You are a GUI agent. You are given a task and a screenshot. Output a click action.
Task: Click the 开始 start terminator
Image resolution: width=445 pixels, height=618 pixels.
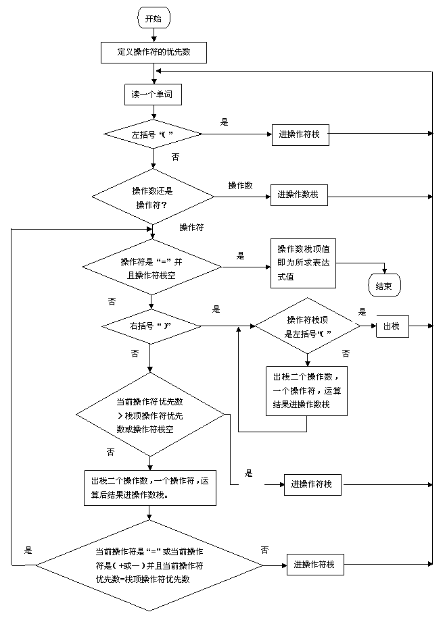(154, 18)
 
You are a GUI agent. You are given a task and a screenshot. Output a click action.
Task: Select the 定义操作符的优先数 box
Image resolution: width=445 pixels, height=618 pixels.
(154, 53)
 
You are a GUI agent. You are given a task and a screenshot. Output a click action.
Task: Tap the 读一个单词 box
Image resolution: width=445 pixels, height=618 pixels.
(153, 95)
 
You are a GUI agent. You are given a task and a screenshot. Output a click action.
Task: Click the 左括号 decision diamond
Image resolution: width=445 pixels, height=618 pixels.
(153, 134)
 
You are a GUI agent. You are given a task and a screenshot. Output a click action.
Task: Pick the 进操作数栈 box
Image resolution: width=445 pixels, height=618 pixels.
(299, 195)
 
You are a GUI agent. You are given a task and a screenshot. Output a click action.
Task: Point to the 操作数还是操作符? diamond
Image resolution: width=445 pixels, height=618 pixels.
(153, 197)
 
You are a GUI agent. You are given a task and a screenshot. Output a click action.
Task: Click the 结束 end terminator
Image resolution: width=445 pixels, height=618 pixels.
(384, 286)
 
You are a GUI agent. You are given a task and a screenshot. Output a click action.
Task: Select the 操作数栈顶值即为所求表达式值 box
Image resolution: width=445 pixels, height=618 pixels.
(303, 263)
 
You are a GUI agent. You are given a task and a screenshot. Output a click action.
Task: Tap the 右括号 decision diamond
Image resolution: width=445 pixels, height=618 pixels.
(151, 326)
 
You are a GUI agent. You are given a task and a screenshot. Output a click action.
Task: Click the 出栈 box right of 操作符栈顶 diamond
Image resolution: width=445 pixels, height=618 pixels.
(392, 326)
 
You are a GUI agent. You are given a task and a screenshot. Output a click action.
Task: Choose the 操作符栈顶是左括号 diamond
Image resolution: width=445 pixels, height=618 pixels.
(308, 326)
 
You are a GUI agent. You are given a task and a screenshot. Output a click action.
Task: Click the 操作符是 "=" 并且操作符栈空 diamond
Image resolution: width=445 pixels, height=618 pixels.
(152, 267)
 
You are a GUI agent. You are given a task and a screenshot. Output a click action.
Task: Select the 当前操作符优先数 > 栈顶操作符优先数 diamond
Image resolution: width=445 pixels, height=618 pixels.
(150, 415)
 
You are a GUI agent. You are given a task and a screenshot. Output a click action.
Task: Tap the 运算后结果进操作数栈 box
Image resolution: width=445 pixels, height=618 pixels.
(150, 488)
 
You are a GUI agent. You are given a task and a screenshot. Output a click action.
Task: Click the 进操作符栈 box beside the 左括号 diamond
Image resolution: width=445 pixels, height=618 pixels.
(300, 135)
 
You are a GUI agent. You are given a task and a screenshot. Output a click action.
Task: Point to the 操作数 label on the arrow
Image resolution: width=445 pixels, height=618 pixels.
(240, 185)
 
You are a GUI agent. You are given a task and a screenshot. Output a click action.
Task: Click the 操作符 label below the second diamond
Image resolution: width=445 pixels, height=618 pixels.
(192, 228)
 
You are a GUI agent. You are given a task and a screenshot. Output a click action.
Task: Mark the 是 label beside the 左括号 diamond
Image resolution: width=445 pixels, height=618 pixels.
(224, 122)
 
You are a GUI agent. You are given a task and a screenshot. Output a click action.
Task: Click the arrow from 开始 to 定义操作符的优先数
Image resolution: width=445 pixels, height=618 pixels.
(154, 35)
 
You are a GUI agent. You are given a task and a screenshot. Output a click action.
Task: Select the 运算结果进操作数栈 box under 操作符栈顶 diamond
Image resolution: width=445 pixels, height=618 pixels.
(306, 391)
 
